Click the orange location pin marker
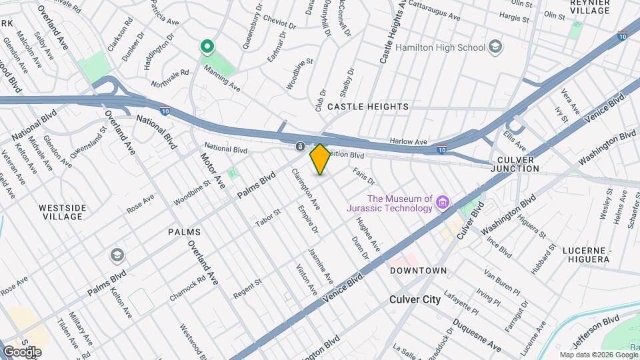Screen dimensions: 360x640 (x=320, y=159)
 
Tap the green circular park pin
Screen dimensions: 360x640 (x=207, y=47)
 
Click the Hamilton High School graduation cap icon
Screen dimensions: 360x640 (x=495, y=47)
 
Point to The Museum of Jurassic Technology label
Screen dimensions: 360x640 (x=399, y=203)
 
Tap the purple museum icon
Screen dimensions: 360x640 (x=442, y=203)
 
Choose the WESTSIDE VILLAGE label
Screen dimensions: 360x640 (x=62, y=212)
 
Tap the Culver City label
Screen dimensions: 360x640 (x=415, y=299)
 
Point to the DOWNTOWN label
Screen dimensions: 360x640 (x=418, y=271)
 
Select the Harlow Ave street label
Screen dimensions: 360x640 (x=408, y=142)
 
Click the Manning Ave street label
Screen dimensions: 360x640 (x=221, y=75)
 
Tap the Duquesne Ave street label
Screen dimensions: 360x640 (x=477, y=337)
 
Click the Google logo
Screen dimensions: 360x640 (x=22, y=351)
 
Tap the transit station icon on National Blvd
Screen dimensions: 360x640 (x=301, y=147)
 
